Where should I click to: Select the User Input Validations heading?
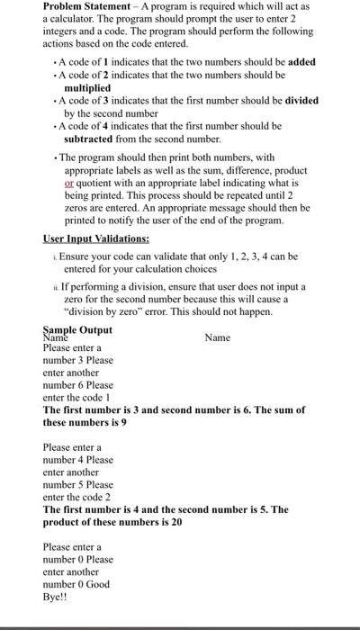click(x=96, y=239)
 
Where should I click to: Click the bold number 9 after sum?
click(x=123, y=422)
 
